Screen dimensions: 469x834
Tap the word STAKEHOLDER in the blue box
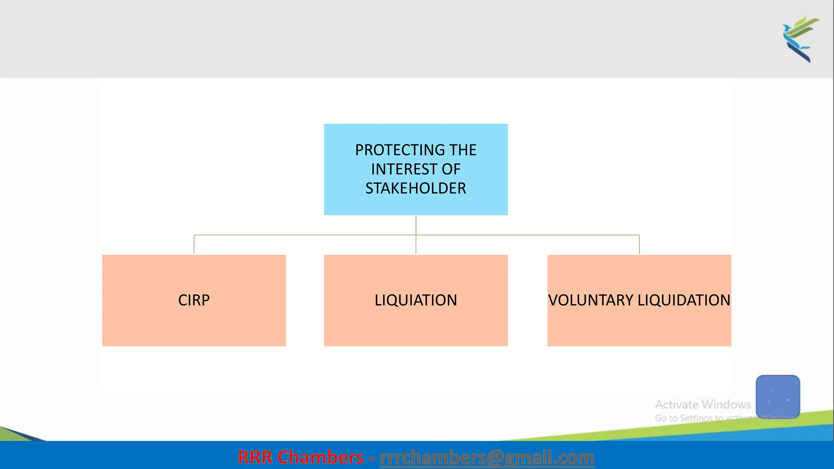point(415,188)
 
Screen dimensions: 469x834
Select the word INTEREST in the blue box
point(404,169)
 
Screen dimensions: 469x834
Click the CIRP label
point(194,300)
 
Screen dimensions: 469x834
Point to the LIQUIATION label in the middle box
point(415,300)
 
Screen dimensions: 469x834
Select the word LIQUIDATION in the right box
point(684,300)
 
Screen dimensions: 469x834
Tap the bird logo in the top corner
point(800,39)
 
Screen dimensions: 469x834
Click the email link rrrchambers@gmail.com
point(487,458)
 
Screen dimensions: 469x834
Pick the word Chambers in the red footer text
point(320,458)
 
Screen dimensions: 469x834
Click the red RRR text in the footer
point(255,458)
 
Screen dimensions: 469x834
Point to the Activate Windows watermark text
point(702,405)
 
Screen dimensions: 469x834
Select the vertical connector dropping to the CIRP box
point(194,245)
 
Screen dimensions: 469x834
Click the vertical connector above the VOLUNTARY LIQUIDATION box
point(639,245)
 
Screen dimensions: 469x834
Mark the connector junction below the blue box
point(416,235)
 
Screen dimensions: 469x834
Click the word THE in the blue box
point(463,150)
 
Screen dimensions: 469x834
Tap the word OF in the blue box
point(451,169)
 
